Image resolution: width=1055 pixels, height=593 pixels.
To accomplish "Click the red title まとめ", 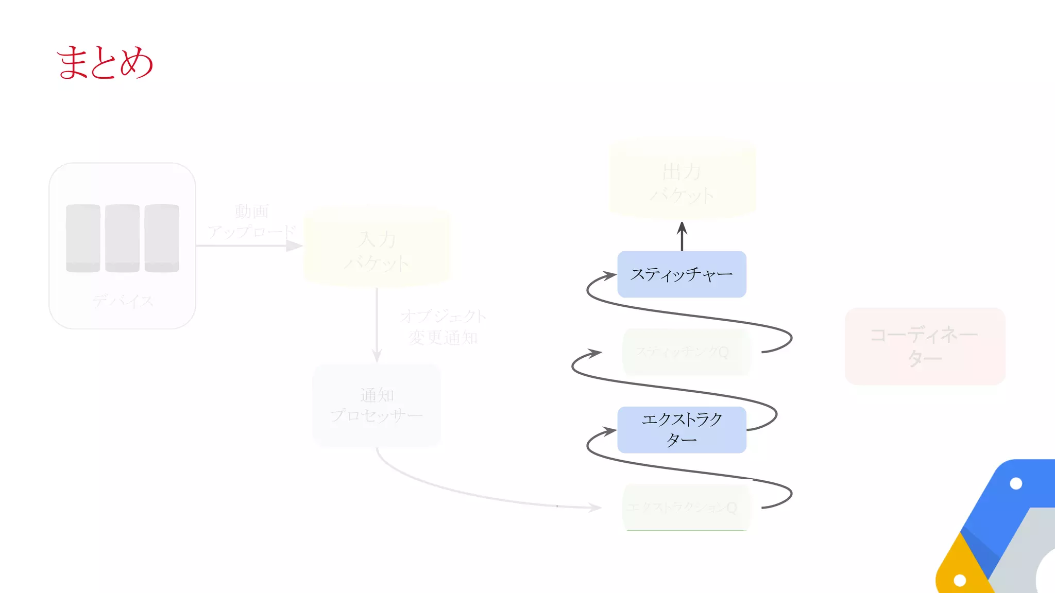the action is coord(105,62).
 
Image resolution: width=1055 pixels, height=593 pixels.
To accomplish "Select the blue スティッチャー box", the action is coord(682,274).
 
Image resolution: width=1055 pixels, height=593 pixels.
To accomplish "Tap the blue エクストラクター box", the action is coord(682,430).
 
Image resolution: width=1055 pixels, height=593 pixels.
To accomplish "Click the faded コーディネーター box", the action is coord(925,346).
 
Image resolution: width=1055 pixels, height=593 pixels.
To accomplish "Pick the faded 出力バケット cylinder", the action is coord(682,180).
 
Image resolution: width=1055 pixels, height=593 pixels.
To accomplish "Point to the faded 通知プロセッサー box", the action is coord(377,405).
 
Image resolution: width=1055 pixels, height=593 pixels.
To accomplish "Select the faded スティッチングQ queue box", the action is coord(686,352).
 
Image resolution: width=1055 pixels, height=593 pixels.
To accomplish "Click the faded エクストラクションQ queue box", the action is coord(686,508).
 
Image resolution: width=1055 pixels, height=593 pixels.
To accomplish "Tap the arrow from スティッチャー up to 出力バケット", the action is coord(682,236).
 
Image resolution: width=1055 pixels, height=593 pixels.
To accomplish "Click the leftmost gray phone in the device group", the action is coord(83,238).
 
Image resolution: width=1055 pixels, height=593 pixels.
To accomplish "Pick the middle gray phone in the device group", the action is coord(122,238).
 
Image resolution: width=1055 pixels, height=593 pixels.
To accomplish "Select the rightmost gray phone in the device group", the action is coord(162,238).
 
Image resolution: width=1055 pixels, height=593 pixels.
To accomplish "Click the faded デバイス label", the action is coord(123,301).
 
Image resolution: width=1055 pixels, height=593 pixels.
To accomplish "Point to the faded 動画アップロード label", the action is coord(251,221).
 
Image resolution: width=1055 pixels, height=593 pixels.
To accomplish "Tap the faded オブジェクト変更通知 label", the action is coord(443,327).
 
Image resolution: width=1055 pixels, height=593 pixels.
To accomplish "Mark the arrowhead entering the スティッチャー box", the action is coord(610,275).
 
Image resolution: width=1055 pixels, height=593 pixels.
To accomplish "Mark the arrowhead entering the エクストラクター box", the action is coord(610,431).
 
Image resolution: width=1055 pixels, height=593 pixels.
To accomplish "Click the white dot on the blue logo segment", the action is coord(1016,483).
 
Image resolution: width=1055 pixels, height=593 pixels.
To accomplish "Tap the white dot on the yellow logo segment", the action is coord(960,580).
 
